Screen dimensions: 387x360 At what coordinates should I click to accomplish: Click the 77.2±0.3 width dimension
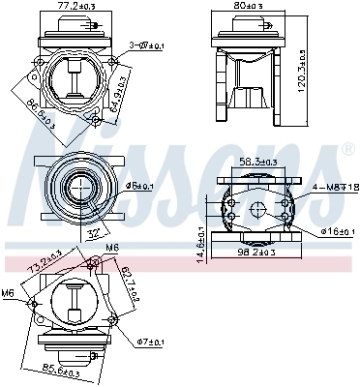78,6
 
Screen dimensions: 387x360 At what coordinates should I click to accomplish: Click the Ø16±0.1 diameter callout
334,232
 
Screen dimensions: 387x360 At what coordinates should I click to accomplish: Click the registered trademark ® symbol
347,151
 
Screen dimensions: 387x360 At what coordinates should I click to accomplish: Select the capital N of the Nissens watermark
48,179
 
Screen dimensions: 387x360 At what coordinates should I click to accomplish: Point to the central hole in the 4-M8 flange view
257,210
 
